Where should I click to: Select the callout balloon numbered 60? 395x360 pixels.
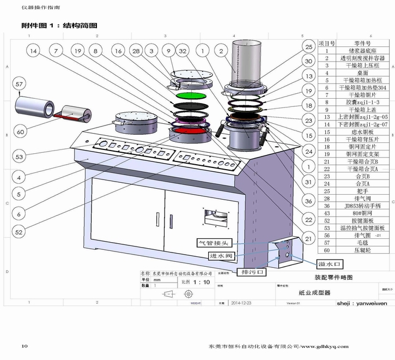click(20, 132)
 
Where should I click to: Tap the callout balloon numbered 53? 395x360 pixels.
click(20, 157)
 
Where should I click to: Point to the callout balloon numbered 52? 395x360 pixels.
click(20, 232)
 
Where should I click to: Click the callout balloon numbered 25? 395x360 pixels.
click(308, 47)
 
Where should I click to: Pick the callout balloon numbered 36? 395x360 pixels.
click(309, 201)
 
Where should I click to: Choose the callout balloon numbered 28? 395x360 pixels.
click(136, 51)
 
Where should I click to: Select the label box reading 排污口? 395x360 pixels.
click(252, 271)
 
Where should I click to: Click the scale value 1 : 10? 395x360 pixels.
click(203, 283)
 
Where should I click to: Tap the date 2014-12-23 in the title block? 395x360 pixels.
click(243, 302)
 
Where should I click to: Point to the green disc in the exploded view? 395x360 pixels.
click(190, 95)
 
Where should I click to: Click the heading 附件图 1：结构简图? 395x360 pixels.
click(59, 26)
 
